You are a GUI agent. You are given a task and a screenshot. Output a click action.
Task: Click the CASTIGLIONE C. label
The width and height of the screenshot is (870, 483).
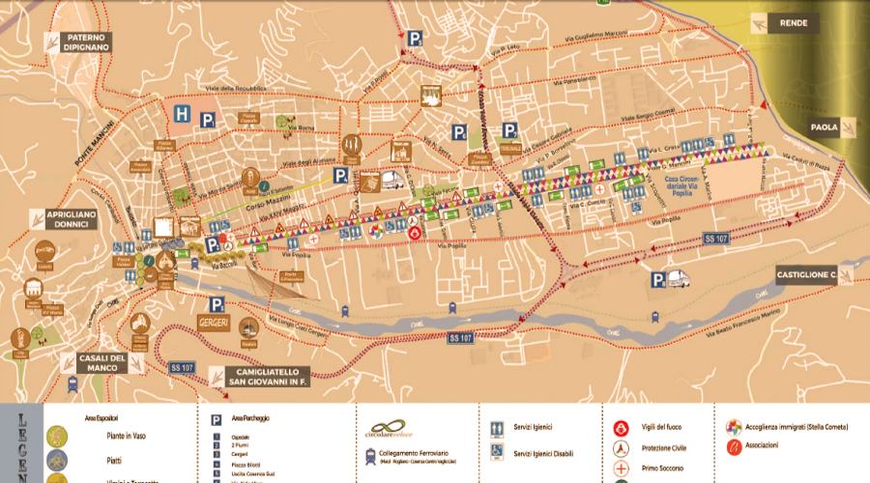(805, 275)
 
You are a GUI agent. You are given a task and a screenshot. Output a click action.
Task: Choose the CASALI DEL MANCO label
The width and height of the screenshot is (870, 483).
(103, 363)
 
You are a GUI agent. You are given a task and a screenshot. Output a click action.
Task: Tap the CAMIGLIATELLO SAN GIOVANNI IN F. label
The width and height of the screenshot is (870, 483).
(256, 376)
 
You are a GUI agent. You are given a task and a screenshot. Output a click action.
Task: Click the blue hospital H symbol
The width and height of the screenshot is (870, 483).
(181, 114)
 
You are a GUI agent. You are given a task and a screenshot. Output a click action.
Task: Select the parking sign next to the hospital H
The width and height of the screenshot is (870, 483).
(207, 120)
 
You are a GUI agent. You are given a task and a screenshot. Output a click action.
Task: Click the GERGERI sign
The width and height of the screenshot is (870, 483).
(213, 321)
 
